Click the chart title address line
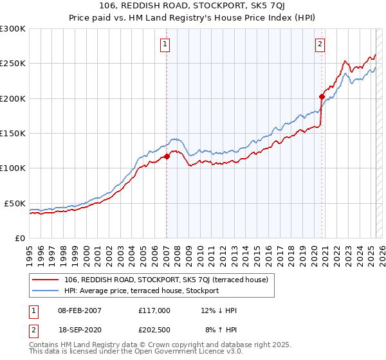[x=193, y=5]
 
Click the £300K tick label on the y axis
[x=13, y=29]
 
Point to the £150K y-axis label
[x=13, y=133]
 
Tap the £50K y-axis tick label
[x=15, y=203]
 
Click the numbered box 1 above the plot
[x=166, y=44]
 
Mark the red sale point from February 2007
[x=167, y=156]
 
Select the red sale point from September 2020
[x=322, y=97]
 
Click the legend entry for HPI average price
[x=142, y=291]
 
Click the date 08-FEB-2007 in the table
[x=80, y=310]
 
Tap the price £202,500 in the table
[x=154, y=329]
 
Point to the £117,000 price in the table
[x=154, y=310]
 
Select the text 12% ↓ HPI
[x=220, y=310]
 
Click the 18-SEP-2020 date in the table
[x=79, y=329]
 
